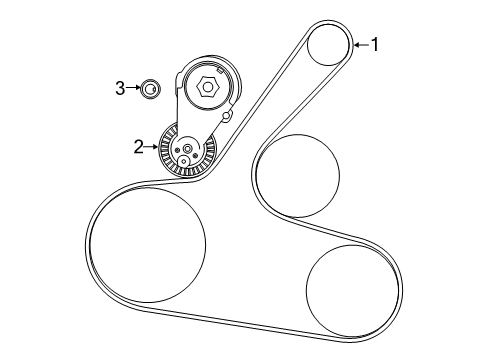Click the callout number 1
pyautogui.click(x=376, y=43)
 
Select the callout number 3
pyautogui.click(x=120, y=89)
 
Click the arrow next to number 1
pyautogui.click(x=361, y=43)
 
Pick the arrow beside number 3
pyautogui.click(x=134, y=89)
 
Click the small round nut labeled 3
pyautogui.click(x=149, y=90)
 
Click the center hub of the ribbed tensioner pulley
pyautogui.click(x=188, y=148)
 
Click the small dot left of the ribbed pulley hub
pyautogui.click(x=176, y=149)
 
